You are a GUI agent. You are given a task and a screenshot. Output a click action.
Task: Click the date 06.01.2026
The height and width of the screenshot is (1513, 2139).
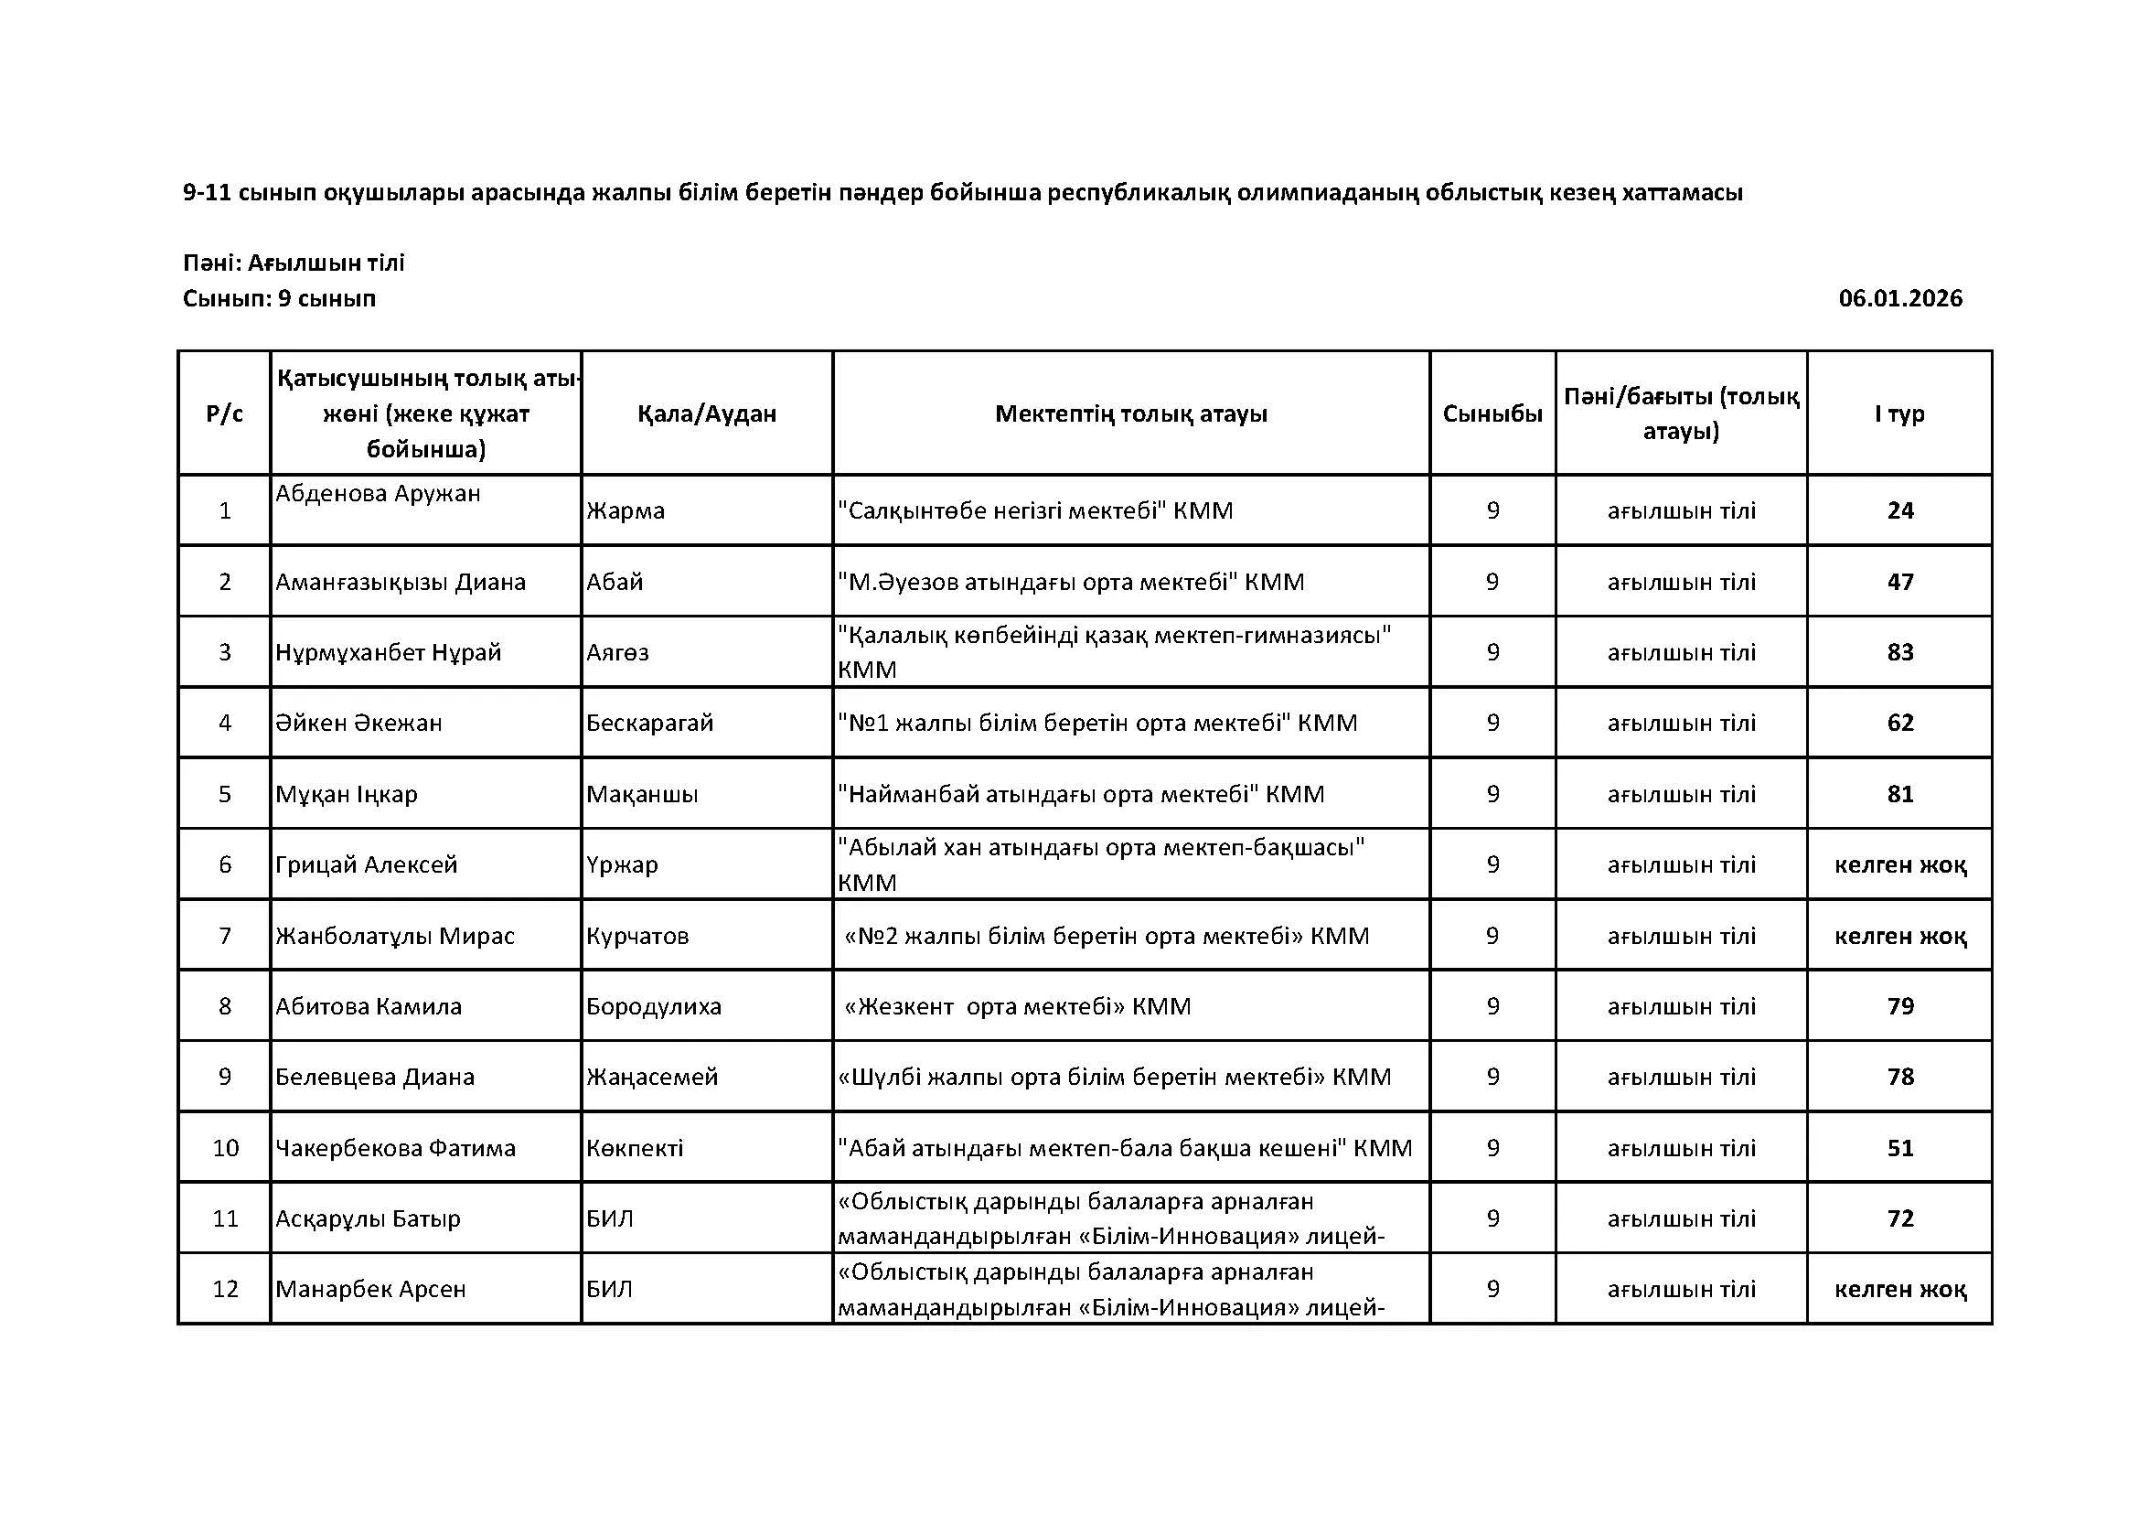coord(1899,298)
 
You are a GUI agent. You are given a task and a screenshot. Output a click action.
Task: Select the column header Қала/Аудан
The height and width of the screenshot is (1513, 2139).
coord(706,413)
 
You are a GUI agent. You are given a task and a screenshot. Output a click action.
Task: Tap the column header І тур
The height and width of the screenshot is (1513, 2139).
coord(1899,413)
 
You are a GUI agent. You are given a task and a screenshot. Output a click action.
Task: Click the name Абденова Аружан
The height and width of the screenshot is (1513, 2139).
coord(379,493)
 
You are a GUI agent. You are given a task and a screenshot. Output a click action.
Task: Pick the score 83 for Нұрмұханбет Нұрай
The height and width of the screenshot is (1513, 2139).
coord(1899,652)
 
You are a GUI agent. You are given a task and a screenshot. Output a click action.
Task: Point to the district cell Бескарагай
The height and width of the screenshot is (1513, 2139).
coord(649,723)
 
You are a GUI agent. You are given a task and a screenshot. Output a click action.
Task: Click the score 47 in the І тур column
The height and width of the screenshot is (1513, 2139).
coord(1899,582)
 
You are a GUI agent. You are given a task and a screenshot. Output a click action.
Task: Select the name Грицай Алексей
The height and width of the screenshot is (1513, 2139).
coord(366,864)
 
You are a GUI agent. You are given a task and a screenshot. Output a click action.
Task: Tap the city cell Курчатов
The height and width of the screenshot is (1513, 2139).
coord(637,936)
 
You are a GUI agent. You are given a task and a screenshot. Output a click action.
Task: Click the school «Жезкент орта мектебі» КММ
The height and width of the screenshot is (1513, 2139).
coord(1016,1006)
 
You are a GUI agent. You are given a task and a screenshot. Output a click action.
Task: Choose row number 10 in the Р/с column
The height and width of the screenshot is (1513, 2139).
coord(226,1148)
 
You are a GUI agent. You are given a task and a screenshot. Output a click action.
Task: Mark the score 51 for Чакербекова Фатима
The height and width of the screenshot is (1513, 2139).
coord(1899,1148)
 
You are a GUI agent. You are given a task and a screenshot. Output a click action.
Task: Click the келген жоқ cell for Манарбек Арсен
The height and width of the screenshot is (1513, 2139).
coord(1899,1290)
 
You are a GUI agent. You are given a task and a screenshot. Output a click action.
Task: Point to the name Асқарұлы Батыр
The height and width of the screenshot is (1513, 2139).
coord(368,1218)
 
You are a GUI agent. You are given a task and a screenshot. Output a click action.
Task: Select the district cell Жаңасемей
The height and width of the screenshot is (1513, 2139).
coord(652,1077)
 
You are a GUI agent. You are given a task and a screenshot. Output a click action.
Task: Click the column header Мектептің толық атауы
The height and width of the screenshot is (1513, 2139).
coord(1131,413)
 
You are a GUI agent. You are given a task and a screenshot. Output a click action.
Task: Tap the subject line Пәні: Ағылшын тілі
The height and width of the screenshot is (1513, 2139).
coord(294,263)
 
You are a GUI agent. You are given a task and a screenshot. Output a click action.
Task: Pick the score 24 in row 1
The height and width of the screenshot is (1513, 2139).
coord(1899,510)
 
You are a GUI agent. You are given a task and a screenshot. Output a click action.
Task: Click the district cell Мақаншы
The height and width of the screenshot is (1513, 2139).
coord(642,794)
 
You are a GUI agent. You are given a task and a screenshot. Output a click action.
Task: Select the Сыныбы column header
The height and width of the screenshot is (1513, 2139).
coord(1492,413)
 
